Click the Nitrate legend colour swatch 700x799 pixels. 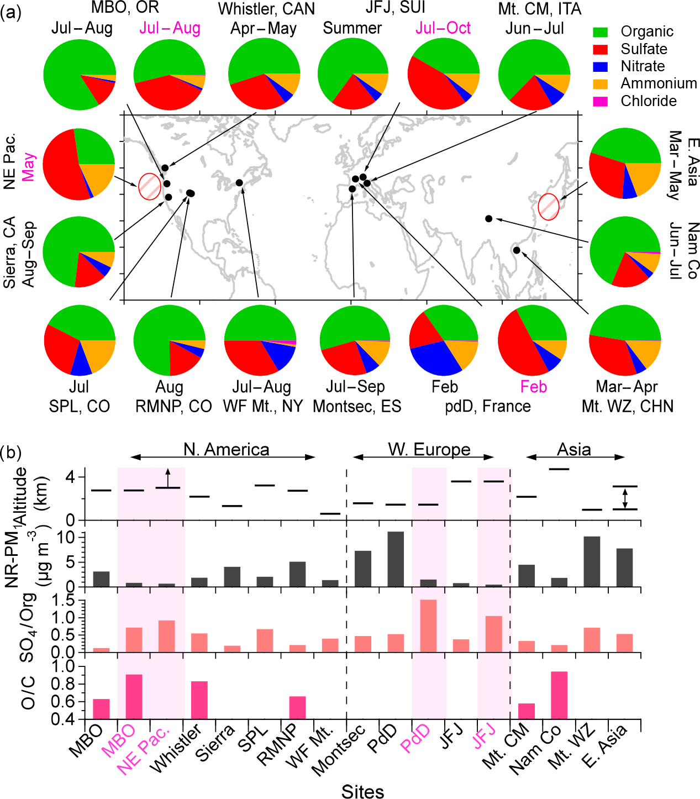pos(601,66)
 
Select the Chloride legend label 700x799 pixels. pos(649,101)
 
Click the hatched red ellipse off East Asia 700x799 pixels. pos(549,207)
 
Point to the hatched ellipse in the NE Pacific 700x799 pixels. pos(150,186)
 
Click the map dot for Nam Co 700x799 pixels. pos(488,219)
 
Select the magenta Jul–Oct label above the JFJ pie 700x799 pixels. pos(443,28)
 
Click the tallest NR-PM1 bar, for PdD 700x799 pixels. pos(396,559)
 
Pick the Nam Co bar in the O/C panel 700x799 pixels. pos(559,695)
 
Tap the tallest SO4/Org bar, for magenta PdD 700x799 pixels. pos(428,625)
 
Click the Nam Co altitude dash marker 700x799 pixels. pos(559,469)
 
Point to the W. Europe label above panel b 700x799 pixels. pos(429,450)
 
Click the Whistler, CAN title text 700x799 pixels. pos(266,9)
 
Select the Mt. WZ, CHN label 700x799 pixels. pos(628,406)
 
